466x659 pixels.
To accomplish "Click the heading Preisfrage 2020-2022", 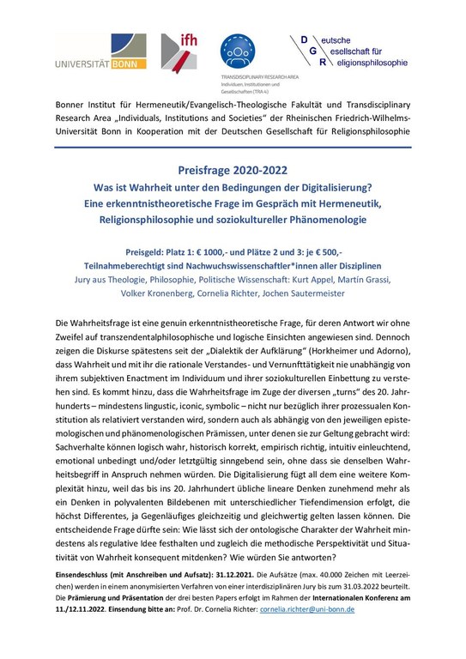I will (233, 170).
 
